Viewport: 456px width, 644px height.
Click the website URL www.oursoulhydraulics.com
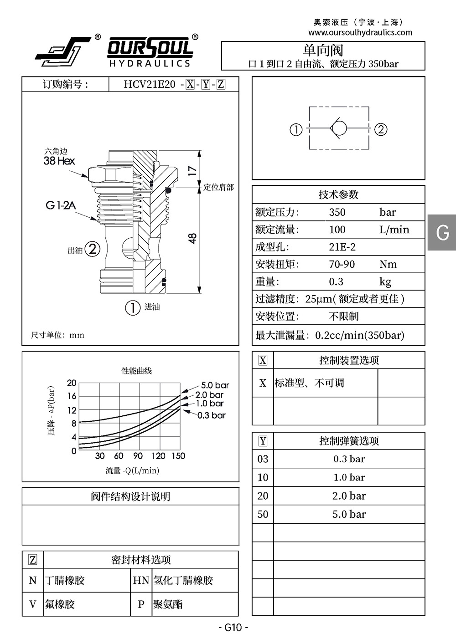click(x=360, y=32)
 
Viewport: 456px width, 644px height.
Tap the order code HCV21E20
click(x=150, y=84)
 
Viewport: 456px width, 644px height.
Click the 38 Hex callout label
click(x=59, y=161)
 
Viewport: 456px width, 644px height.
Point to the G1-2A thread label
click(x=61, y=205)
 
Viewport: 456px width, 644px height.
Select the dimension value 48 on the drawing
click(x=192, y=238)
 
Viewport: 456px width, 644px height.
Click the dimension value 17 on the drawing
click(x=192, y=171)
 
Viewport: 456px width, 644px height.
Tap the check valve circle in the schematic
click(x=338, y=128)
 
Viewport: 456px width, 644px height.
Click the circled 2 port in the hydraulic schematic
click(x=381, y=129)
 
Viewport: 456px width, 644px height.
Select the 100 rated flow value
click(x=337, y=230)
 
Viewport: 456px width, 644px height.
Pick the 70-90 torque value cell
click(x=342, y=264)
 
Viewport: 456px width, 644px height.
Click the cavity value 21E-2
click(x=342, y=247)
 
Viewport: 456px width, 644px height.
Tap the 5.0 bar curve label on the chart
click(x=215, y=385)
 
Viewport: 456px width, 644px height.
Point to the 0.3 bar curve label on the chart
click(x=211, y=415)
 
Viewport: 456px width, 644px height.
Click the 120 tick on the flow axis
click(x=158, y=456)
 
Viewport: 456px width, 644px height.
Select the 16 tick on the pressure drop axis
click(x=72, y=396)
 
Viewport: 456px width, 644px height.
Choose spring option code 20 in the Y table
click(x=263, y=496)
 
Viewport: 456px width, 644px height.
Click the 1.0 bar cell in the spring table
click(x=349, y=477)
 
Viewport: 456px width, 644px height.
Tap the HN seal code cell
click(x=141, y=580)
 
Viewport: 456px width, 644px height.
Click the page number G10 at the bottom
click(x=233, y=627)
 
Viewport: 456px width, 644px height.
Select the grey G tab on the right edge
click(x=442, y=232)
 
